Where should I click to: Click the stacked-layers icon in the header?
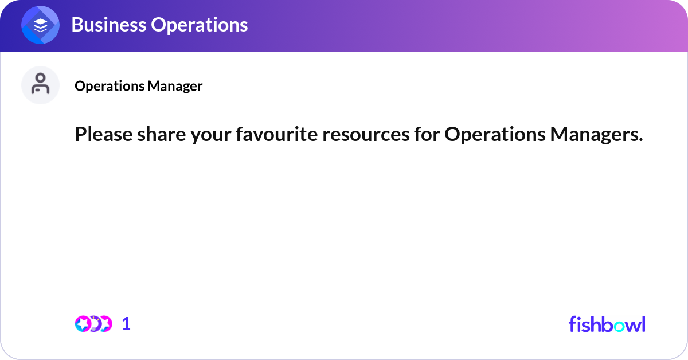[x=41, y=25]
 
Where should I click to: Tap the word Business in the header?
[x=107, y=25]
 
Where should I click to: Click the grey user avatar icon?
[x=41, y=85]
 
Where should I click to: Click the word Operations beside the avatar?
[x=109, y=86]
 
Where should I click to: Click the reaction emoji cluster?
[x=93, y=324]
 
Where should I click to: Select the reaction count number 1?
[x=127, y=324]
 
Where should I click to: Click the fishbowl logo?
[x=607, y=324]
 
